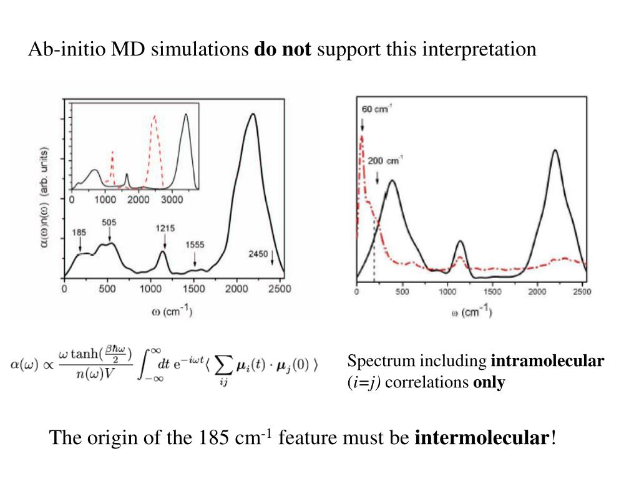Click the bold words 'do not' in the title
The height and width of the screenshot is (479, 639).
coord(282,49)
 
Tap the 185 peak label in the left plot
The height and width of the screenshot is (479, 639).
coord(79,233)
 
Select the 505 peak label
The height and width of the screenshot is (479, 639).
coord(109,222)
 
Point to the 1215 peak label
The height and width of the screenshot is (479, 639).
coord(165,229)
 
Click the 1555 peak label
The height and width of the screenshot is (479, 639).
coord(195,245)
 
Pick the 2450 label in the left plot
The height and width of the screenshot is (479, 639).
coord(257,254)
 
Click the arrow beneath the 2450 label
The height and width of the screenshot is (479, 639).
coord(272,258)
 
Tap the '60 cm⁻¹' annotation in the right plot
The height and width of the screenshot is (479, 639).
coord(376,110)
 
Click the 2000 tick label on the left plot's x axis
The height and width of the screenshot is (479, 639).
coord(237,289)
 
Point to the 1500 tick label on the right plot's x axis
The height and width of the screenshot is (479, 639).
coord(492,291)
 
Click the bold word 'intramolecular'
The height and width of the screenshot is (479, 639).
coord(548,361)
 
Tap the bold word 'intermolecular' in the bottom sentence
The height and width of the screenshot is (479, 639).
coord(482,438)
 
